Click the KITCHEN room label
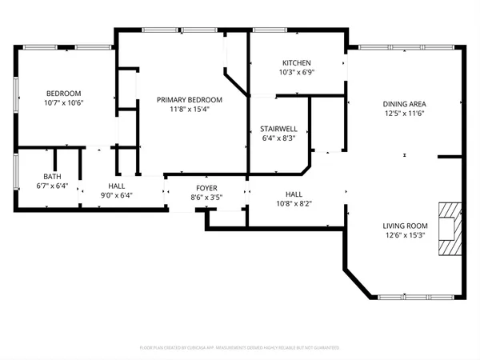pyautogui.click(x=296, y=63)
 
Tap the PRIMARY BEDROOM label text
pyautogui.click(x=190, y=99)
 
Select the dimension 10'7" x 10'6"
pyautogui.click(x=64, y=102)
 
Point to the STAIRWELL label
pyautogui.click(x=278, y=128)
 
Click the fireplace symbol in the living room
pyautogui.click(x=450, y=229)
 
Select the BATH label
pyautogui.click(x=52, y=176)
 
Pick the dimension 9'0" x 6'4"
pyautogui.click(x=116, y=194)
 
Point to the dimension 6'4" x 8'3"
pyautogui.click(x=278, y=138)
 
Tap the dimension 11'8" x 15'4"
pyautogui.click(x=190, y=109)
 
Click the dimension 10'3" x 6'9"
pyautogui.click(x=296, y=73)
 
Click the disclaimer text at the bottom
pyautogui.click(x=240, y=348)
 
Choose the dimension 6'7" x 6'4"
pyautogui.click(x=52, y=186)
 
